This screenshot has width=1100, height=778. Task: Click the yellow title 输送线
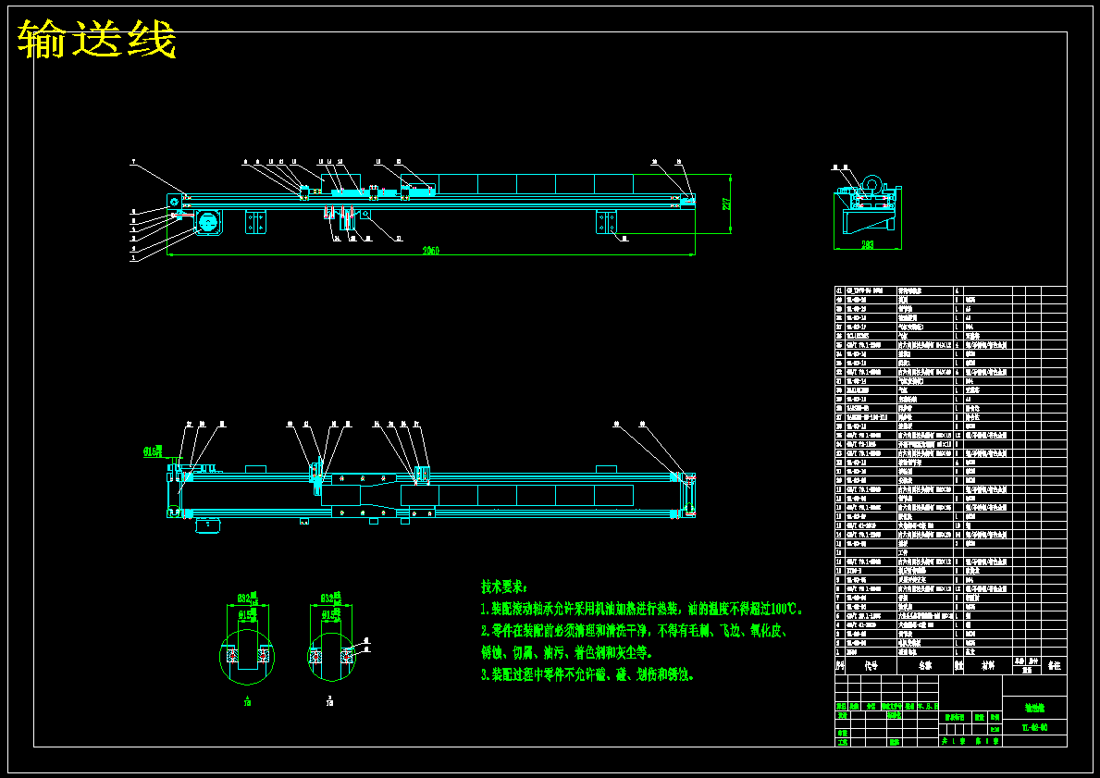[97, 40]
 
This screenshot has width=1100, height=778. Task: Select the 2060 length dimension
[431, 251]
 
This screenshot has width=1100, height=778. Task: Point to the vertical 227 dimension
[728, 203]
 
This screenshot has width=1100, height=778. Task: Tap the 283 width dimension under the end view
[867, 245]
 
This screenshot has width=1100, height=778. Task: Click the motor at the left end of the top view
[208, 223]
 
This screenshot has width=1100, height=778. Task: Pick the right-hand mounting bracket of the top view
[606, 223]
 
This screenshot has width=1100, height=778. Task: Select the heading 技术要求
[504, 587]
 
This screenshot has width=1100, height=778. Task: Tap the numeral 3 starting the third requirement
[484, 674]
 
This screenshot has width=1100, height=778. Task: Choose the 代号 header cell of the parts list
[871, 664]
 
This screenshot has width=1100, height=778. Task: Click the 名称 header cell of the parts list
[925, 664]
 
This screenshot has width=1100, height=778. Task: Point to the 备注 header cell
[1054, 664]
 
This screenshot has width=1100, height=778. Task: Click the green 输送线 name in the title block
[1033, 708]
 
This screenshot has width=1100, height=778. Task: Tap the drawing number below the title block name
[1033, 727]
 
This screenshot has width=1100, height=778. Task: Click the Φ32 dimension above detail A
[246, 597]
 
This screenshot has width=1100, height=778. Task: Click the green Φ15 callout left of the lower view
[153, 451]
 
